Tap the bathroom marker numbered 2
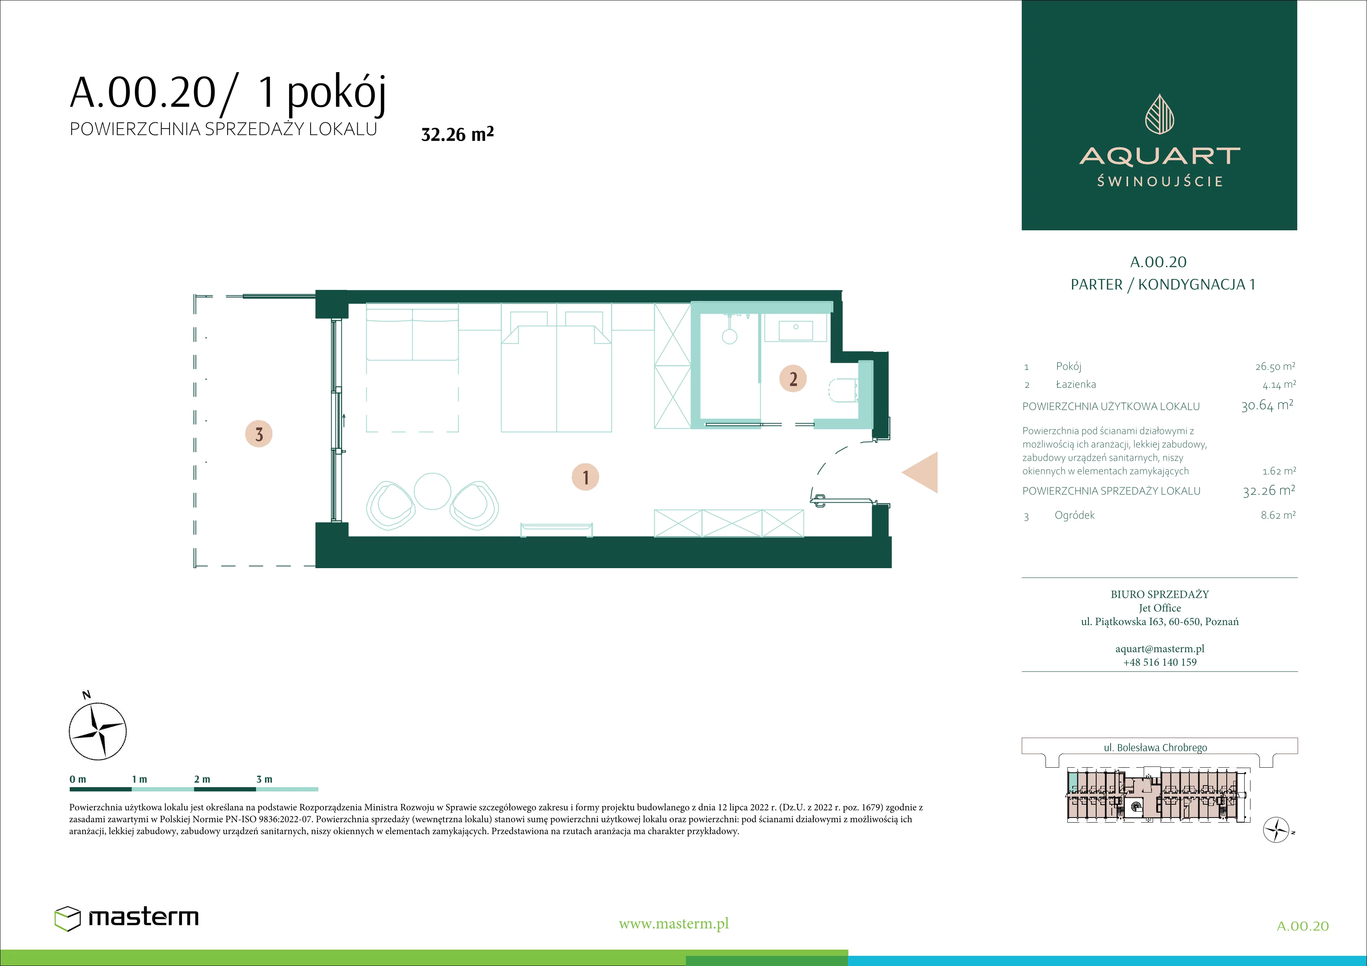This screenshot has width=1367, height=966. click(793, 378)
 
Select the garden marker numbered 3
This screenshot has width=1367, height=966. click(259, 434)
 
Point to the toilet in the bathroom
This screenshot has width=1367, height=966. click(842, 390)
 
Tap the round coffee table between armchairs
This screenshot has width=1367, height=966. click(432, 491)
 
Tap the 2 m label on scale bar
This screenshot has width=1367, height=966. click(202, 779)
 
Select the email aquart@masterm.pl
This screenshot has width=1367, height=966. click(1160, 649)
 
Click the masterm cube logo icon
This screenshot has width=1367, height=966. click(67, 918)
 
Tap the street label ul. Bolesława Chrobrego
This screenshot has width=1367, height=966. click(1156, 747)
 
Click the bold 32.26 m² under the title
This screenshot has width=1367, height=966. click(457, 134)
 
